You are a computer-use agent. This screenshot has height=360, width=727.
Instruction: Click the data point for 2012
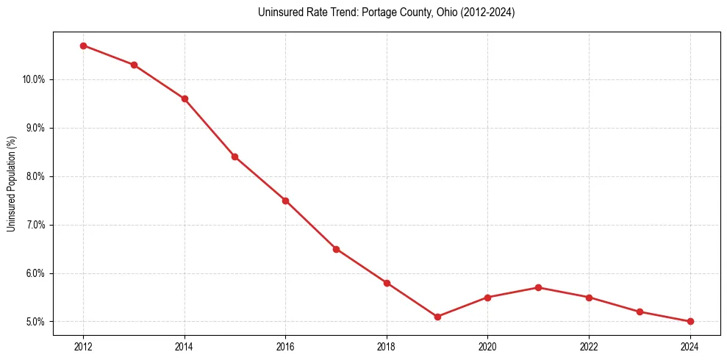[x=83, y=46]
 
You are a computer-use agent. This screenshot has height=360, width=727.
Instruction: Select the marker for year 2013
[x=134, y=65]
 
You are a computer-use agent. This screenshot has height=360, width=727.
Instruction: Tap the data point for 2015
[x=234, y=156]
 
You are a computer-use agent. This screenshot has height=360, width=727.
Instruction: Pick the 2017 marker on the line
[x=336, y=249]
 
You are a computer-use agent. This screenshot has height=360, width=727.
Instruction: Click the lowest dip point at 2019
[x=437, y=317]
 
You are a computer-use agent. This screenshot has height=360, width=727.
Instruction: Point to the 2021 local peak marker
[x=538, y=287]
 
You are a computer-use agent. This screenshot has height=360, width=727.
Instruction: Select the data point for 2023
[x=640, y=312]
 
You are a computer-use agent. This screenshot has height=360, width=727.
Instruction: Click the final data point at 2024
[x=690, y=321]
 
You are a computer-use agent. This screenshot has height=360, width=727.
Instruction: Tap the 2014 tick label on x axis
[x=185, y=347]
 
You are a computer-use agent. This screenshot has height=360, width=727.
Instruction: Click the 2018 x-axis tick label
[x=387, y=347]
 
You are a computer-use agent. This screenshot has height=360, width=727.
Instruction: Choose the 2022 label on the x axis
[x=589, y=347]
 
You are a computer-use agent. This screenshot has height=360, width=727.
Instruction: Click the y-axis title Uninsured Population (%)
[x=11, y=184]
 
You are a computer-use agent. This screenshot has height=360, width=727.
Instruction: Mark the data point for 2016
[x=285, y=201]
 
